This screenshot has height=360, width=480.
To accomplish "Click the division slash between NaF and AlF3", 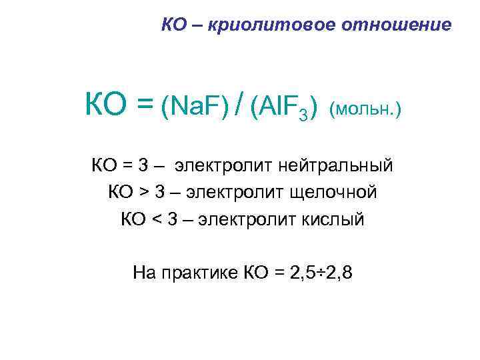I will [239, 105].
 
